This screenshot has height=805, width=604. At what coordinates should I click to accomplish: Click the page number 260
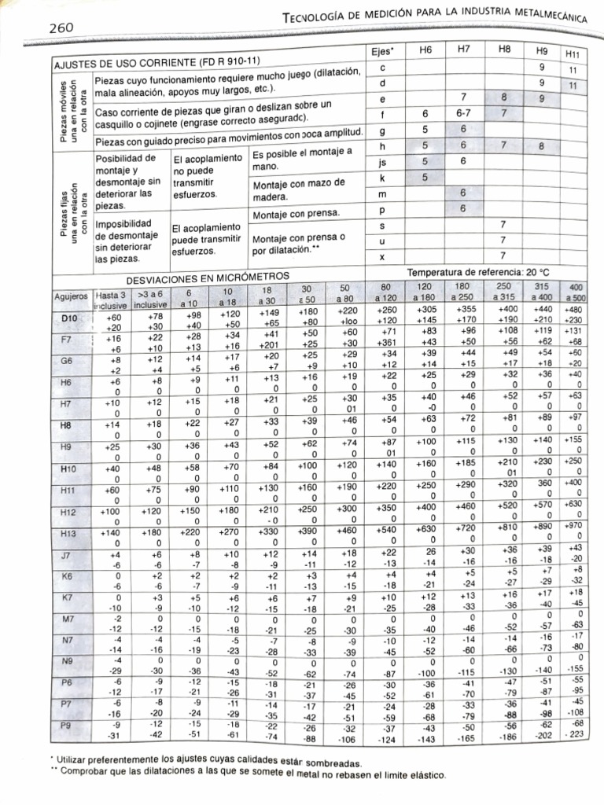click(x=61, y=28)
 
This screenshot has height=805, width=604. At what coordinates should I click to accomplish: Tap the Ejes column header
click(x=382, y=51)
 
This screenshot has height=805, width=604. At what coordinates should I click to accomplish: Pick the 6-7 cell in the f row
click(x=463, y=114)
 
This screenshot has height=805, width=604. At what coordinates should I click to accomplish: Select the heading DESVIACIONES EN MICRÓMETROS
click(x=208, y=278)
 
